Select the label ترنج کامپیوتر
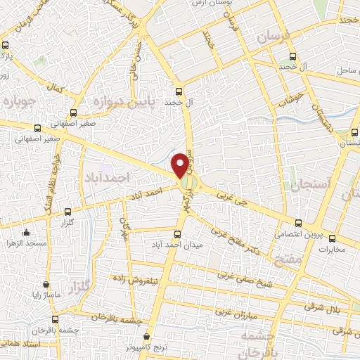[146, 347]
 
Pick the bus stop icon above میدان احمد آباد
[177, 233]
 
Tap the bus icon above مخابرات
[333, 238]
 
